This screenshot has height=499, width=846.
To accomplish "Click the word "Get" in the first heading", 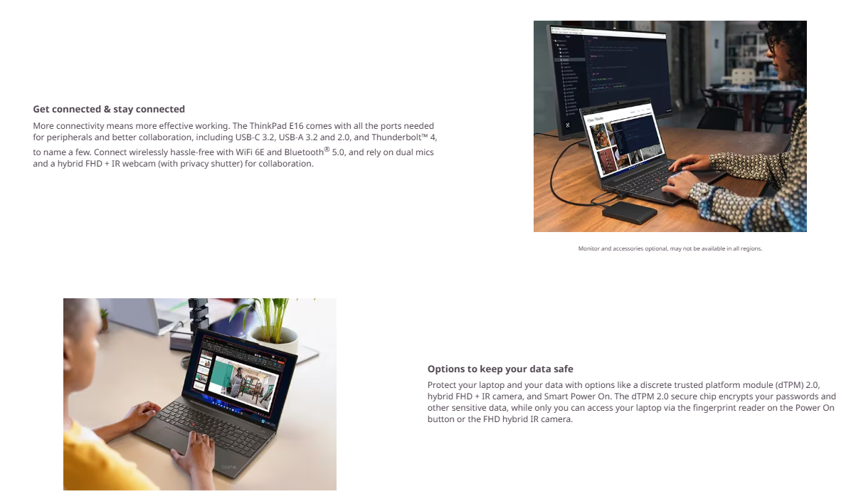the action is pyautogui.click(x=41, y=109).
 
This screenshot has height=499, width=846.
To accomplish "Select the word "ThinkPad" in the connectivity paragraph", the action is pyautogui.click(x=268, y=126).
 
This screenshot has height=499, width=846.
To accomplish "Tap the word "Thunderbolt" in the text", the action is pyautogui.click(x=396, y=137).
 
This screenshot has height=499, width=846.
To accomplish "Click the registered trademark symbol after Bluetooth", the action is pyautogui.click(x=327, y=149).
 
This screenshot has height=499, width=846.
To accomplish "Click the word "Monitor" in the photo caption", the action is pyautogui.click(x=588, y=248).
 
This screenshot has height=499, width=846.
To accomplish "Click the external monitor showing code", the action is pyautogui.click(x=610, y=75).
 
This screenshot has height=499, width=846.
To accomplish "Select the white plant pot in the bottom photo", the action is pyautogui.click(x=279, y=339).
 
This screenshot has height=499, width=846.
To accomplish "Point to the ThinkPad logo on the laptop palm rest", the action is pyautogui.click(x=229, y=467).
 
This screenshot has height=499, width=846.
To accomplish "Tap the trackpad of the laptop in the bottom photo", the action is pyautogui.click(x=168, y=436).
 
